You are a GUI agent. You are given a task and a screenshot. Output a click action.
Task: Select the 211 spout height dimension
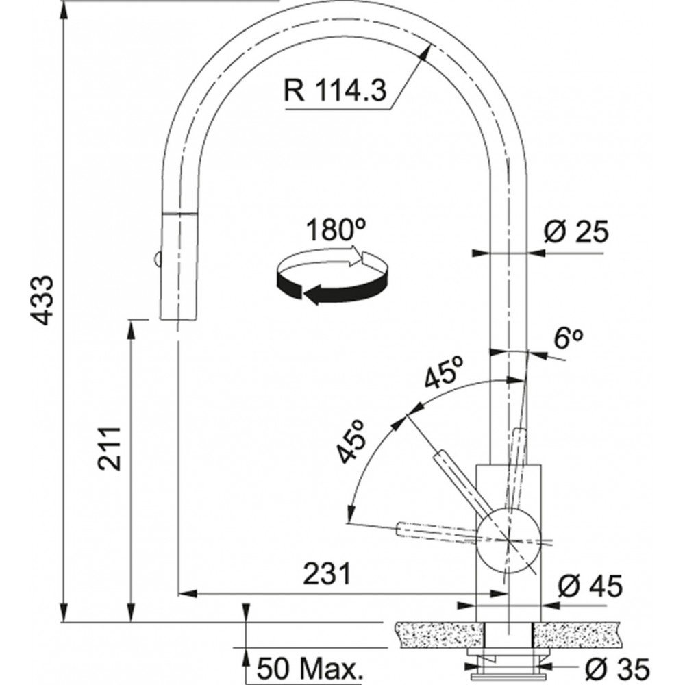tap(109, 449)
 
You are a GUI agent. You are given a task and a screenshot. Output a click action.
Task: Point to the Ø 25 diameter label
tap(576, 231)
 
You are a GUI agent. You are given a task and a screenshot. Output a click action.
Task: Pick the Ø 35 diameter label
tap(617, 669)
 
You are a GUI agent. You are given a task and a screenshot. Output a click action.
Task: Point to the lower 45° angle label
tap(351, 440)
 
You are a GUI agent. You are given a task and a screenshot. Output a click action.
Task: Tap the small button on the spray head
tap(156, 259)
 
